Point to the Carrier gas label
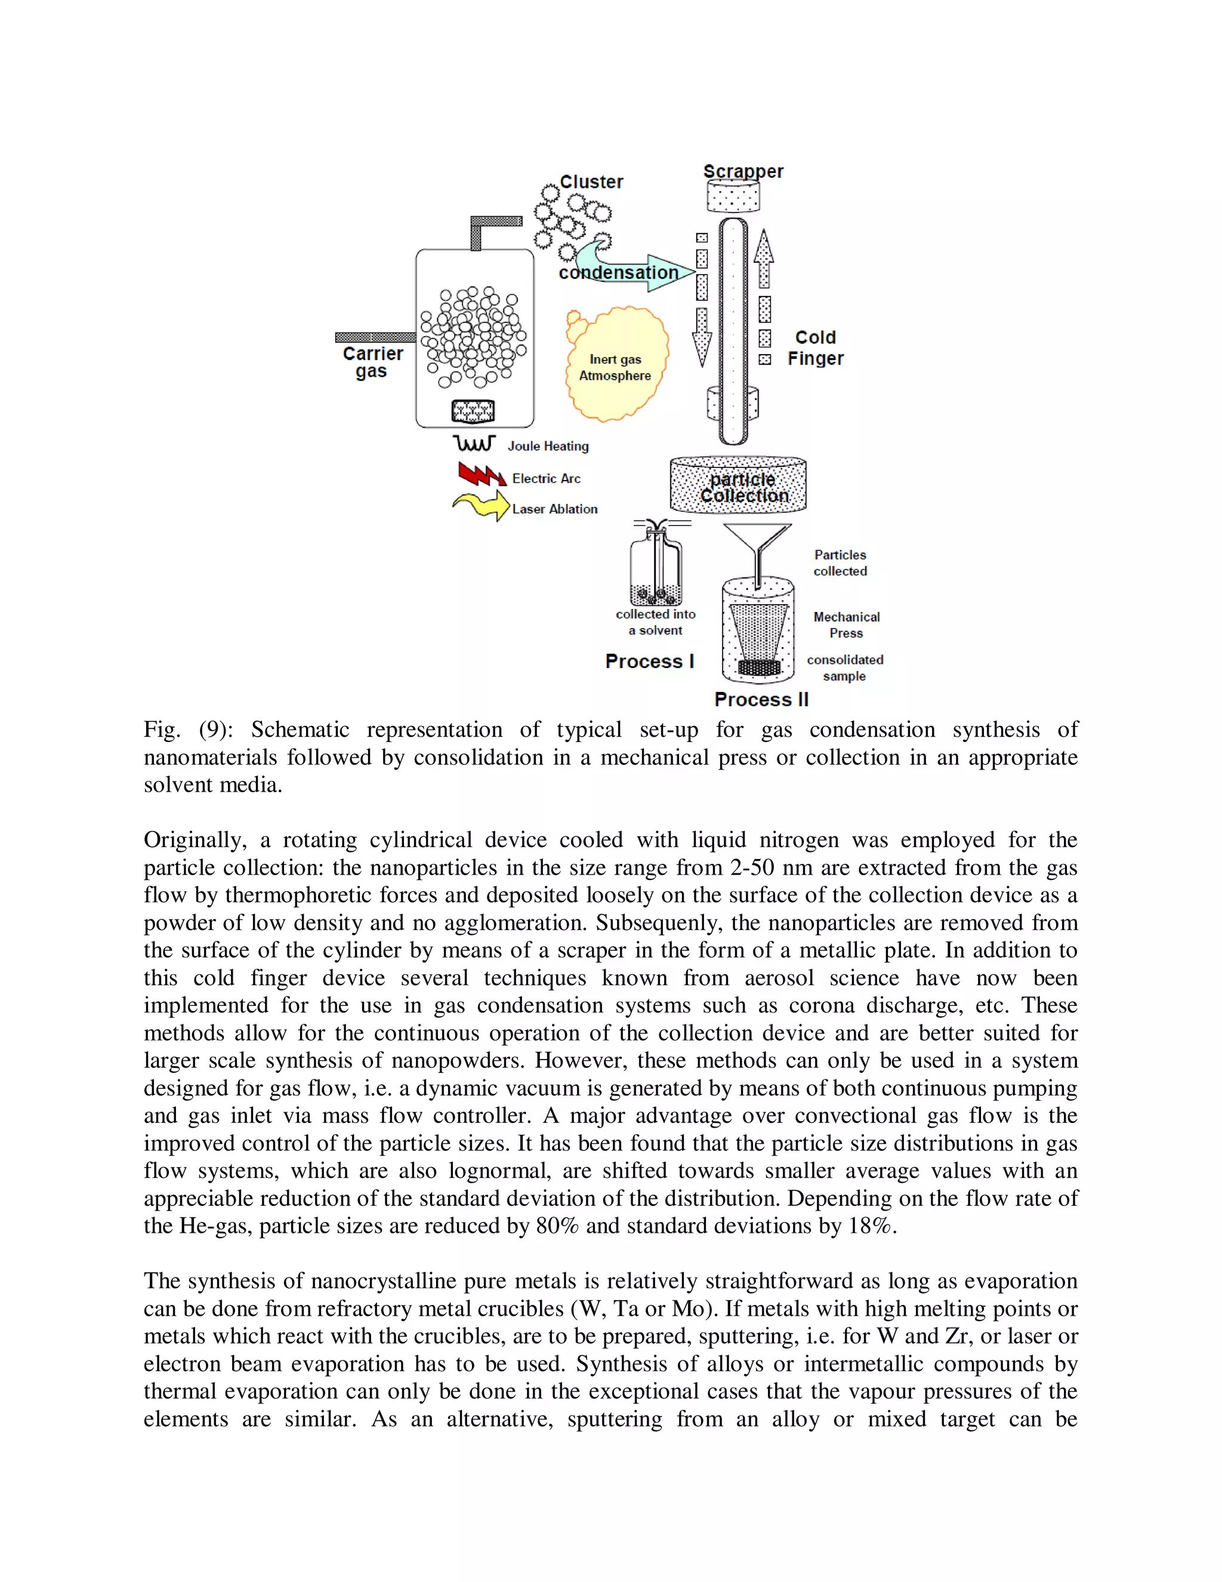[x=372, y=362]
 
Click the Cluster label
[x=591, y=182]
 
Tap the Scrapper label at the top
[x=743, y=172]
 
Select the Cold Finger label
[x=816, y=347]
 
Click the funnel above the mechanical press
[x=757, y=543]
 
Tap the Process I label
[x=649, y=661]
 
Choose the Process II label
[x=761, y=700]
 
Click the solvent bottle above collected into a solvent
[x=656, y=568]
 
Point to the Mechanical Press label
[x=846, y=624]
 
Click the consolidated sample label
[x=845, y=668]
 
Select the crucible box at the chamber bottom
[x=473, y=411]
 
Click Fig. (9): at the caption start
[x=187, y=730]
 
